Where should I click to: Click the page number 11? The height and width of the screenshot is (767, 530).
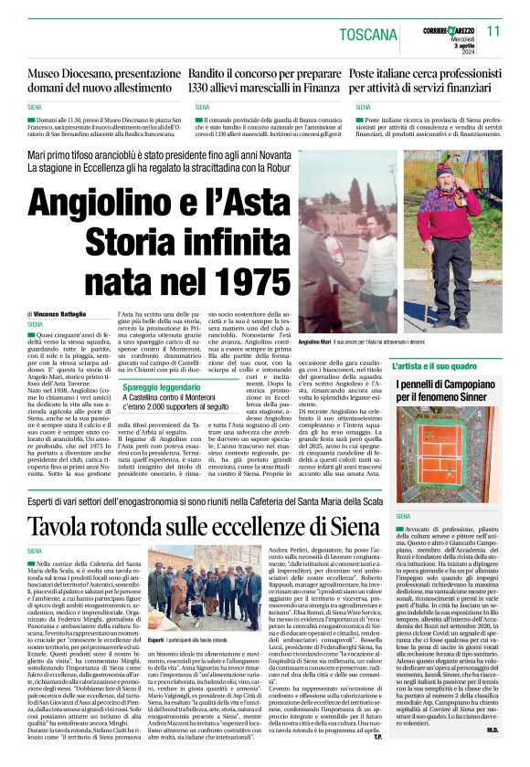494,30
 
